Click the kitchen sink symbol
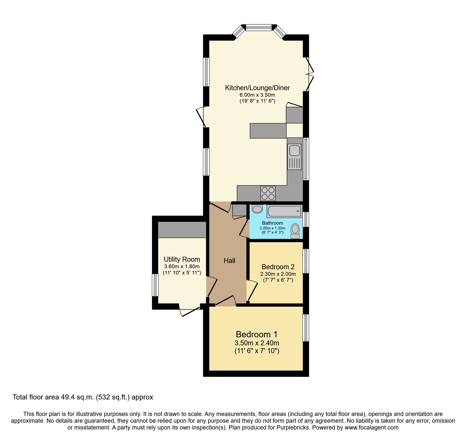294,157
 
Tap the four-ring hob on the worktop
268,193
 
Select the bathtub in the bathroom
284,211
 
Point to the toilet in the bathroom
295,231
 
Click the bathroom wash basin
257,209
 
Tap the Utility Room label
182,259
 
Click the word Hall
229,261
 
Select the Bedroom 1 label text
257,334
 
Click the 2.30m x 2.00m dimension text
278,274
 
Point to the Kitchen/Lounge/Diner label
257,88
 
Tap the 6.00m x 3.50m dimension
257,95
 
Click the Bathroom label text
272,223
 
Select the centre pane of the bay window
259,28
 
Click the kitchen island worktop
268,130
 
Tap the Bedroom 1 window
306,328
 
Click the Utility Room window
155,285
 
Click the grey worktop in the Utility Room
182,229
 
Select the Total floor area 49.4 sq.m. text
83,397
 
